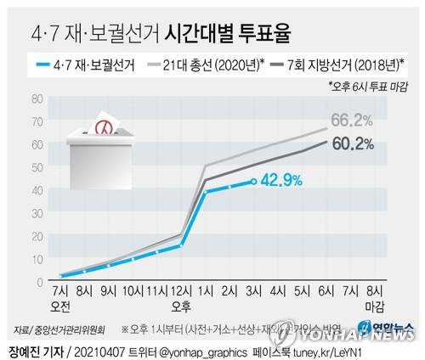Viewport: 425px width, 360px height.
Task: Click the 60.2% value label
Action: (x=353, y=143)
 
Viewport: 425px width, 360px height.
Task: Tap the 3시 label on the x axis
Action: (x=253, y=291)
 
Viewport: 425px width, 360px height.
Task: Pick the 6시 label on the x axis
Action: (x=326, y=291)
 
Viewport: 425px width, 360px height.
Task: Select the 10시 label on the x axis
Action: (x=133, y=291)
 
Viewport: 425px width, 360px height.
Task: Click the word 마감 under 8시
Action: (x=374, y=306)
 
